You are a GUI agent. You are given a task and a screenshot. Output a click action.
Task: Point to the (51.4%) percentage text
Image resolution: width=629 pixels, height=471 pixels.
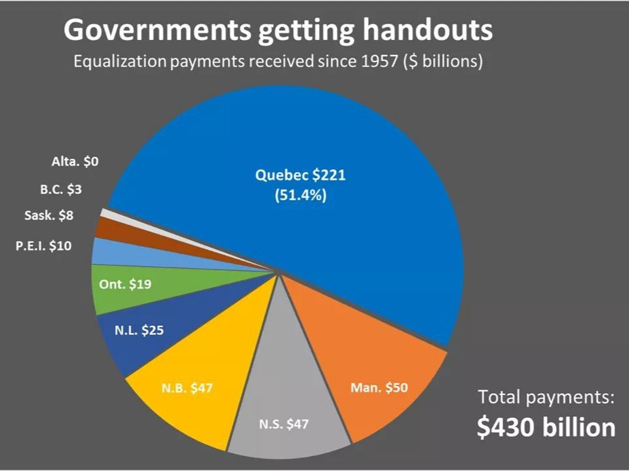(300, 196)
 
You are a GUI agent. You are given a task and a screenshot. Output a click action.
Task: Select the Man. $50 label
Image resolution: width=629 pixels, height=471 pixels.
(379, 387)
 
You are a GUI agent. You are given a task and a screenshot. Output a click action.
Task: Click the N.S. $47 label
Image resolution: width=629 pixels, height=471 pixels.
(283, 423)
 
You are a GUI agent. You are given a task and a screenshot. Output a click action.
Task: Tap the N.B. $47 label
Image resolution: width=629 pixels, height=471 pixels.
(187, 387)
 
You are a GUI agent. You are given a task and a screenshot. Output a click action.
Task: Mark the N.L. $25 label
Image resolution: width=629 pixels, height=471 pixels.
(140, 330)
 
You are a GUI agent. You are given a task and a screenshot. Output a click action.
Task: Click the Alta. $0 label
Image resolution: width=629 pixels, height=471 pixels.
(75, 161)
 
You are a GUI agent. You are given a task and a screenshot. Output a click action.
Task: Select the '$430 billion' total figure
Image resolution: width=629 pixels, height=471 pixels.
(546, 427)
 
